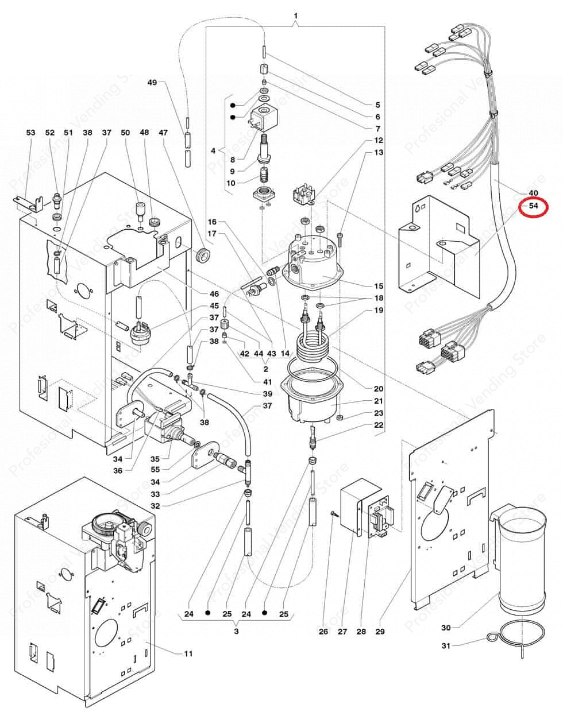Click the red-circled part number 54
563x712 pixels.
(533, 206)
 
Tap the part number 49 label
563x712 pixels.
(152, 83)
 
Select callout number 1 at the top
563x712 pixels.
(295, 14)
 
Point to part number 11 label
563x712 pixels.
(188, 653)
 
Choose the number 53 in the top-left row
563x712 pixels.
(30, 133)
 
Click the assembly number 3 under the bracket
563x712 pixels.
(236, 631)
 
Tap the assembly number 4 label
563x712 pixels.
(213, 152)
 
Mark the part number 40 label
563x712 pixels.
(533, 192)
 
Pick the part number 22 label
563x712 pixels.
(378, 425)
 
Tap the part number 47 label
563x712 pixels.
(163, 133)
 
